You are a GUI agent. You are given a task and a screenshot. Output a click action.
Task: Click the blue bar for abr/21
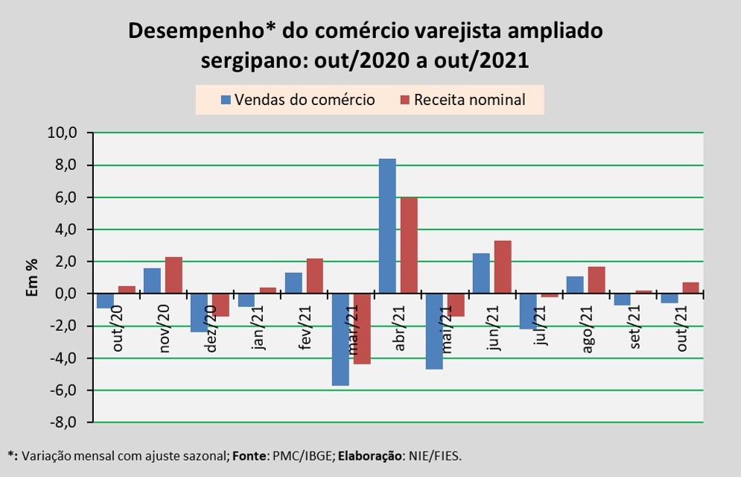click(387, 226)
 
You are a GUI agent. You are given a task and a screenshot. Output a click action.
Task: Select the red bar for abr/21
click(409, 245)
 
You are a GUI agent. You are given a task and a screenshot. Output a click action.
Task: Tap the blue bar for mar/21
click(340, 339)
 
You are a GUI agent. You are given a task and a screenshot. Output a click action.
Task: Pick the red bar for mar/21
click(362, 329)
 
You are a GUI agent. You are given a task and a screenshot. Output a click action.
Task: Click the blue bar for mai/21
click(434, 331)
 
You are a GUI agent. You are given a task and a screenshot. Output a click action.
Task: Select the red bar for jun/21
click(503, 267)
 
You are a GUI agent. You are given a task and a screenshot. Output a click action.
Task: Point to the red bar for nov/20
click(174, 275)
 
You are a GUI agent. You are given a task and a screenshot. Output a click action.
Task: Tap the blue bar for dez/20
click(200, 312)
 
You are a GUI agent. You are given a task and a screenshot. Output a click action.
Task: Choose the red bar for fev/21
click(315, 276)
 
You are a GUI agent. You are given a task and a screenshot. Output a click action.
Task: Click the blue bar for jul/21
click(529, 311)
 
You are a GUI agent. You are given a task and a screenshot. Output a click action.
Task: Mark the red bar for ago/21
click(597, 280)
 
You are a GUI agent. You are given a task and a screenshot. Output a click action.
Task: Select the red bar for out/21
click(690, 288)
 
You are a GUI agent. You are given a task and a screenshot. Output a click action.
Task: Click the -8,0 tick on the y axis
click(63, 423)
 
